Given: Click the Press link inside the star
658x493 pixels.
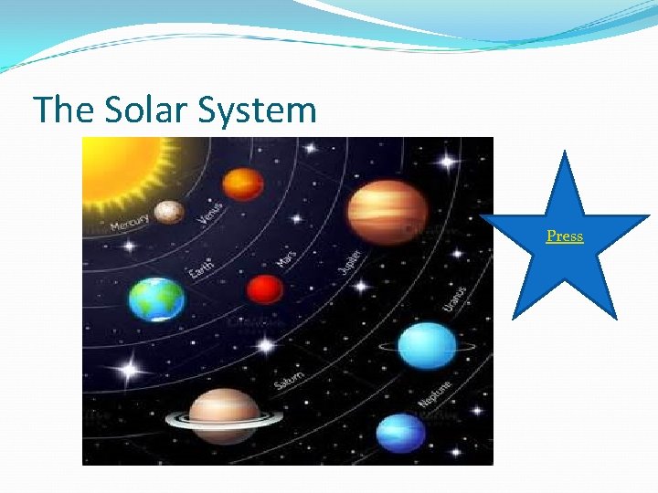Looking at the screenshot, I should tap(564, 236).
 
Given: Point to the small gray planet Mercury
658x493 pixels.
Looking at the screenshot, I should tap(169, 212).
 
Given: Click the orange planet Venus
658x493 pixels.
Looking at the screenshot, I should tap(242, 184).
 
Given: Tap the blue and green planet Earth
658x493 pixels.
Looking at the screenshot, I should tap(156, 299).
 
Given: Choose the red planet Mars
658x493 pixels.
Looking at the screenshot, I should tap(265, 289).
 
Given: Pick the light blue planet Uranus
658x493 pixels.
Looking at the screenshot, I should tap(427, 346).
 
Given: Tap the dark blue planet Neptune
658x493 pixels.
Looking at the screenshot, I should tap(401, 431).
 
